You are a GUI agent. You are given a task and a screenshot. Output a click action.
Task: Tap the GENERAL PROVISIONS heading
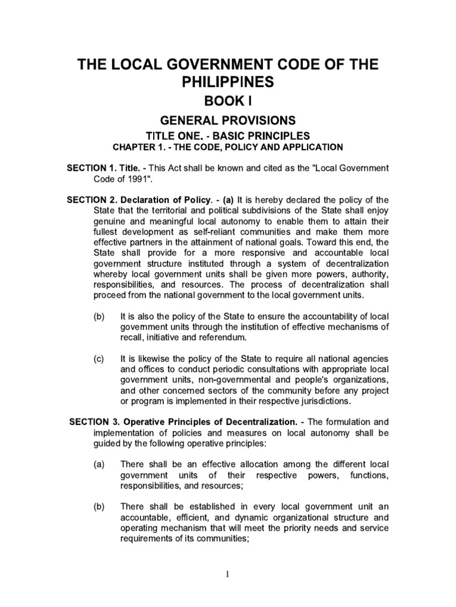[x=228, y=120]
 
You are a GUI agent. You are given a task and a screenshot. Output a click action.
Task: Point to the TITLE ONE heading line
[x=228, y=136]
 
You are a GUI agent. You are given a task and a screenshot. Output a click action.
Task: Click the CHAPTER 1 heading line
[x=228, y=147]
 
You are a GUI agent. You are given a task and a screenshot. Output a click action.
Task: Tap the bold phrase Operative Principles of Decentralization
[x=199, y=421]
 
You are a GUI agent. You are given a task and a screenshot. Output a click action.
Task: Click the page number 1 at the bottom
[x=228, y=573]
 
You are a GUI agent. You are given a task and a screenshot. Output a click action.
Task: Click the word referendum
[x=207, y=338]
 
